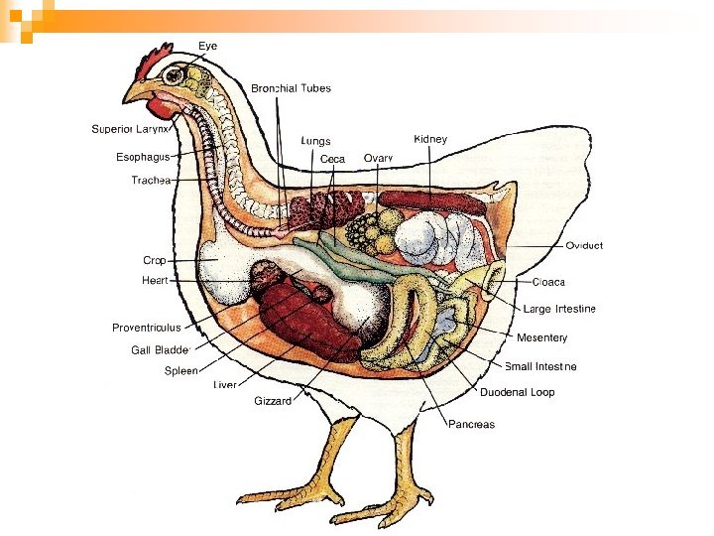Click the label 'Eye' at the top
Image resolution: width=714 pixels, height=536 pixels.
[x=208, y=46]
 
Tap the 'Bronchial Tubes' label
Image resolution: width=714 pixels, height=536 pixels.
[x=291, y=88]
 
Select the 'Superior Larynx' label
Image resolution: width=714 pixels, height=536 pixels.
[x=132, y=129]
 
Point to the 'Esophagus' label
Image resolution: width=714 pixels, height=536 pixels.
[x=143, y=157]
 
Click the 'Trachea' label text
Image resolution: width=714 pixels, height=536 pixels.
[x=151, y=180]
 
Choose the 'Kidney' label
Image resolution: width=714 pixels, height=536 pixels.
[x=430, y=139]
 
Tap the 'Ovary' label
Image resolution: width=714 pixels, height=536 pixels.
[x=378, y=158]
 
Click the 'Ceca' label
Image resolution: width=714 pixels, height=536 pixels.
[x=332, y=158]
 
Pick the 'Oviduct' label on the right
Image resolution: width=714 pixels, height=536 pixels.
[x=584, y=245]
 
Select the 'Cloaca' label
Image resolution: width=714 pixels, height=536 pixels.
[x=548, y=282]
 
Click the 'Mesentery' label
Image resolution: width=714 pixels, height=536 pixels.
[x=541, y=337]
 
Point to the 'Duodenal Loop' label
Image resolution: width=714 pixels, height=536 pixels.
[x=518, y=392]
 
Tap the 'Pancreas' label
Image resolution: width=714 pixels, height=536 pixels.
[x=471, y=424]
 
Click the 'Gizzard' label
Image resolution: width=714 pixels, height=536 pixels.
[x=273, y=401]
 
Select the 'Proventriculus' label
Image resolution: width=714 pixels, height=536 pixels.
[x=146, y=328]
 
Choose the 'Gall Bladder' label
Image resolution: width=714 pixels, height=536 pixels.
[x=160, y=349]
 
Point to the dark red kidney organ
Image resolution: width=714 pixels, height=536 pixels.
[x=429, y=200]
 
